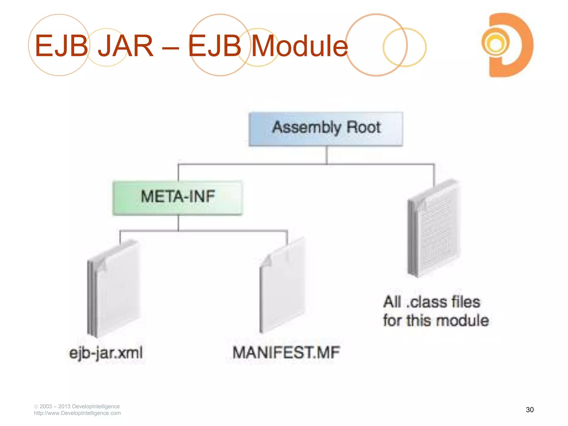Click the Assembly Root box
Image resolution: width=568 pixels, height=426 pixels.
326,129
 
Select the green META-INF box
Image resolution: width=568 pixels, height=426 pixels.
178,197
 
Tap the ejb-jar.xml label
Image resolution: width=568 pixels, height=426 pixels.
106,353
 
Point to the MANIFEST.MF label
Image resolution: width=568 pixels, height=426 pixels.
286,353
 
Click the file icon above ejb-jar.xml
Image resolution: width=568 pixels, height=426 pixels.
114,288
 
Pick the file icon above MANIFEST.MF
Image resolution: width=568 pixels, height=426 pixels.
282,286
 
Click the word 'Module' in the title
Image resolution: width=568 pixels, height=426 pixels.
300,46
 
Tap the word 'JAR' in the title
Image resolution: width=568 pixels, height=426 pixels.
126,46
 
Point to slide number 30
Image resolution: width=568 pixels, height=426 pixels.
529,410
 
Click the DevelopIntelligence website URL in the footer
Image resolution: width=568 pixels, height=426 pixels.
77,413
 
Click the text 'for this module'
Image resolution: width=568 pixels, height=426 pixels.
436,321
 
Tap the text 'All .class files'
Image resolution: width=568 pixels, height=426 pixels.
432,302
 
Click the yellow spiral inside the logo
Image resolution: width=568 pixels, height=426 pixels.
495,44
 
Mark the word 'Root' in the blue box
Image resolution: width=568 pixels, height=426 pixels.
364,127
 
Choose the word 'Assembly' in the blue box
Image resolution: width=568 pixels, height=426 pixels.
307,128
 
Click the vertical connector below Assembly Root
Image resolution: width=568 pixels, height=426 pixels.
327,155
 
